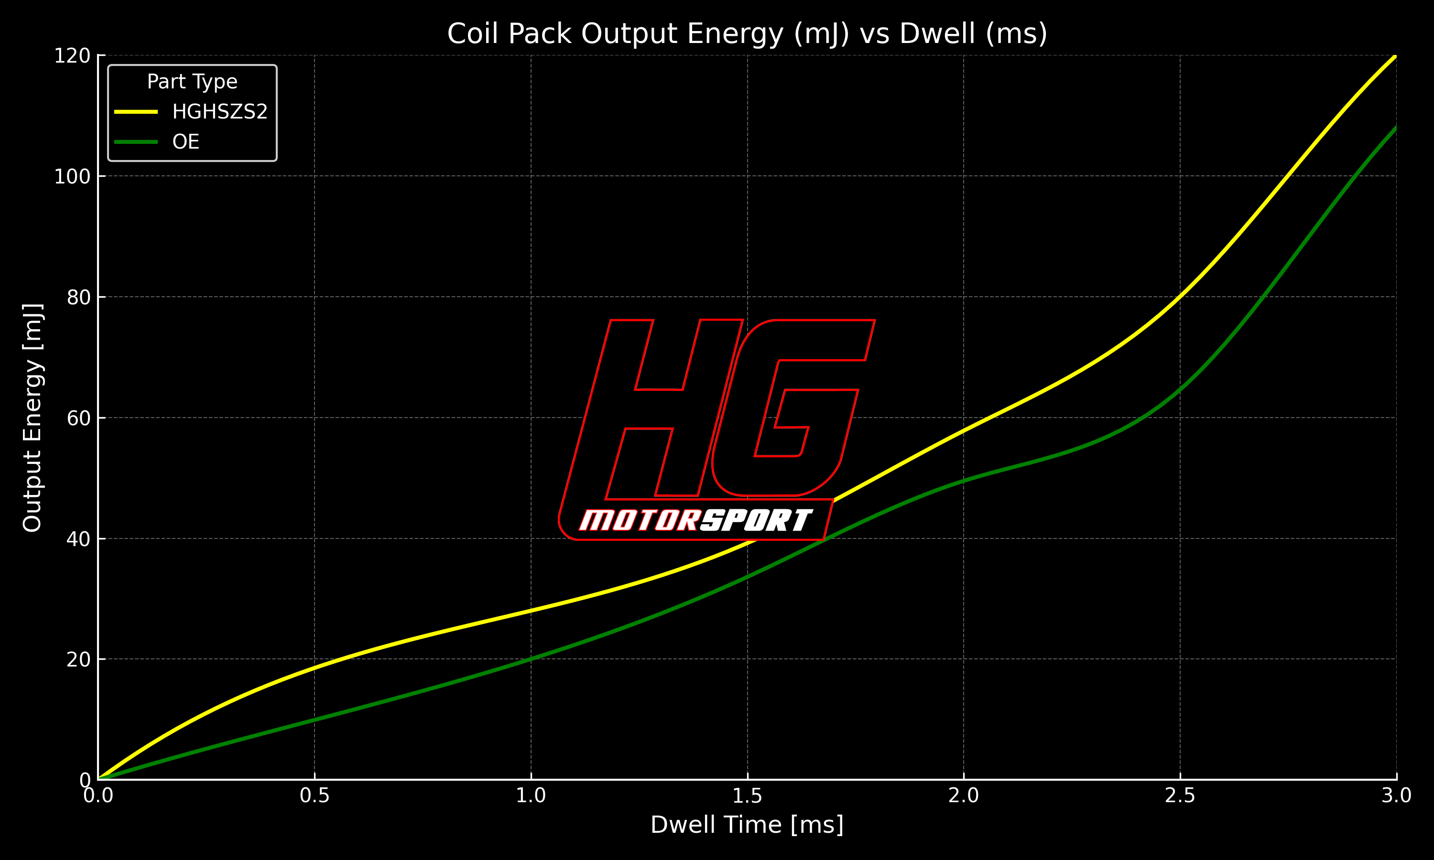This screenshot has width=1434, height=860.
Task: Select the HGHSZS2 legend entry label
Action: pos(220,112)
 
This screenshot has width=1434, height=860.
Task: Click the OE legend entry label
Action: pos(185,142)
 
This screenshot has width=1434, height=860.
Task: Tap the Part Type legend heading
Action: pos(192,82)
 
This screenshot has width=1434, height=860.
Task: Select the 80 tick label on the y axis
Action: pos(78,297)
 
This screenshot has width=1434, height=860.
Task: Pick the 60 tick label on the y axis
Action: pos(78,419)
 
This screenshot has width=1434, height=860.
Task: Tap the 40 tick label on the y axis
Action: pos(78,539)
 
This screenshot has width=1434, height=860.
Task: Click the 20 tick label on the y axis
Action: pos(78,659)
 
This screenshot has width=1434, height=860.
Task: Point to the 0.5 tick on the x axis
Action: pos(314,795)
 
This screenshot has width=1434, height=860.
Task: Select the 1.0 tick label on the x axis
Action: pos(531,795)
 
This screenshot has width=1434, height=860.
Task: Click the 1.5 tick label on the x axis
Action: pos(747,795)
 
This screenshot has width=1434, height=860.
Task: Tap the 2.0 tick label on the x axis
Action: pos(963,795)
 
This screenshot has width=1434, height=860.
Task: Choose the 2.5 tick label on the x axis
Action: pos(1180,795)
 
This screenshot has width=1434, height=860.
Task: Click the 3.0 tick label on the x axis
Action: pos(1396,795)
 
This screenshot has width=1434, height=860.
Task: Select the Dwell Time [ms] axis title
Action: pos(747,825)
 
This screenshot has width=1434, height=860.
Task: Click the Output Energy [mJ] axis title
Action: pos(33,417)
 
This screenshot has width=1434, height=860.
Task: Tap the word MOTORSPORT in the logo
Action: pos(695,520)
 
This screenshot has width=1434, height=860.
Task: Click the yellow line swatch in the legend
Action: pos(136,112)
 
